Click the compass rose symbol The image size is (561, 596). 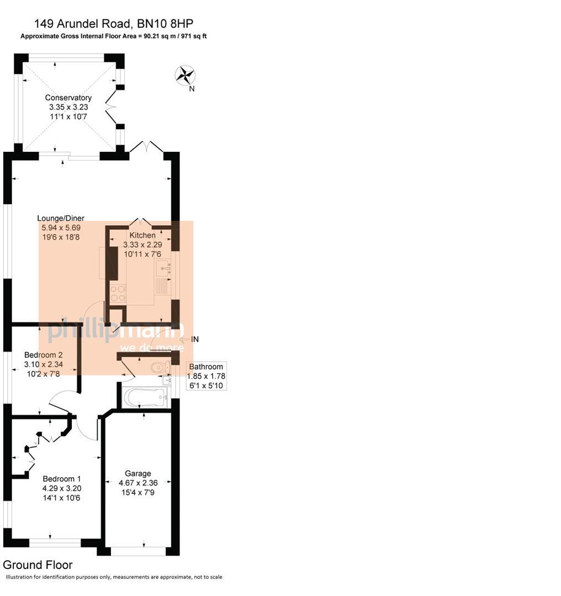coord(185,75)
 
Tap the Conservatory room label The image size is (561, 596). coord(68,98)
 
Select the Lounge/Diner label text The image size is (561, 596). coord(61,218)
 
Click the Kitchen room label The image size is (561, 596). coord(142,235)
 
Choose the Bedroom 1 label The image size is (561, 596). coord(62,478)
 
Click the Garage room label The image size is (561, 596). coord(138,473)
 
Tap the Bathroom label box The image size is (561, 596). coord(206,375)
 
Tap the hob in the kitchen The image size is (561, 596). coord(118,293)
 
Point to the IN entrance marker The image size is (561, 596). coord(194,339)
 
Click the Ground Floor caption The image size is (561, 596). coord(38,565)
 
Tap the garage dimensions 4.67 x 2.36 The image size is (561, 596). coord(138,483)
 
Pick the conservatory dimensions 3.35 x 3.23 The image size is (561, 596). coord(68,107)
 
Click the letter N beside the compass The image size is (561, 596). coord(192,88)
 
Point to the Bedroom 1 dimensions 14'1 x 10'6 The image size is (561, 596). coord(62,497)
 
